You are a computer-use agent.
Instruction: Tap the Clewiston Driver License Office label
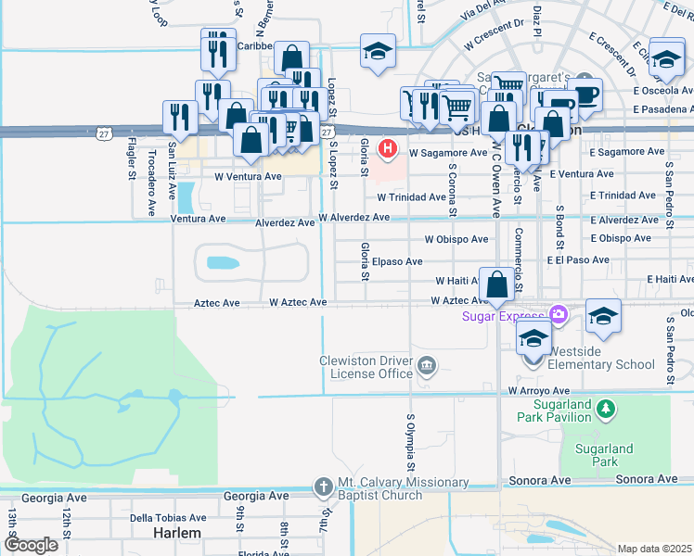[x=366, y=367]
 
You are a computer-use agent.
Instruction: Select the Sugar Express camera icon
[x=558, y=315]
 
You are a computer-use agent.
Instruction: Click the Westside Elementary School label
[x=601, y=364]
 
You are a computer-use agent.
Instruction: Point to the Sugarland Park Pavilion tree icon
[x=606, y=408]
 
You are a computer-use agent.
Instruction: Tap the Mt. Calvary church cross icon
[x=323, y=486]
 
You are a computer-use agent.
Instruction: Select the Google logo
[x=31, y=545]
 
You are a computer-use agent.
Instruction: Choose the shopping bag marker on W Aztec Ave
[x=497, y=285]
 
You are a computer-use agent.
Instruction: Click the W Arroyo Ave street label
[x=538, y=391]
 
